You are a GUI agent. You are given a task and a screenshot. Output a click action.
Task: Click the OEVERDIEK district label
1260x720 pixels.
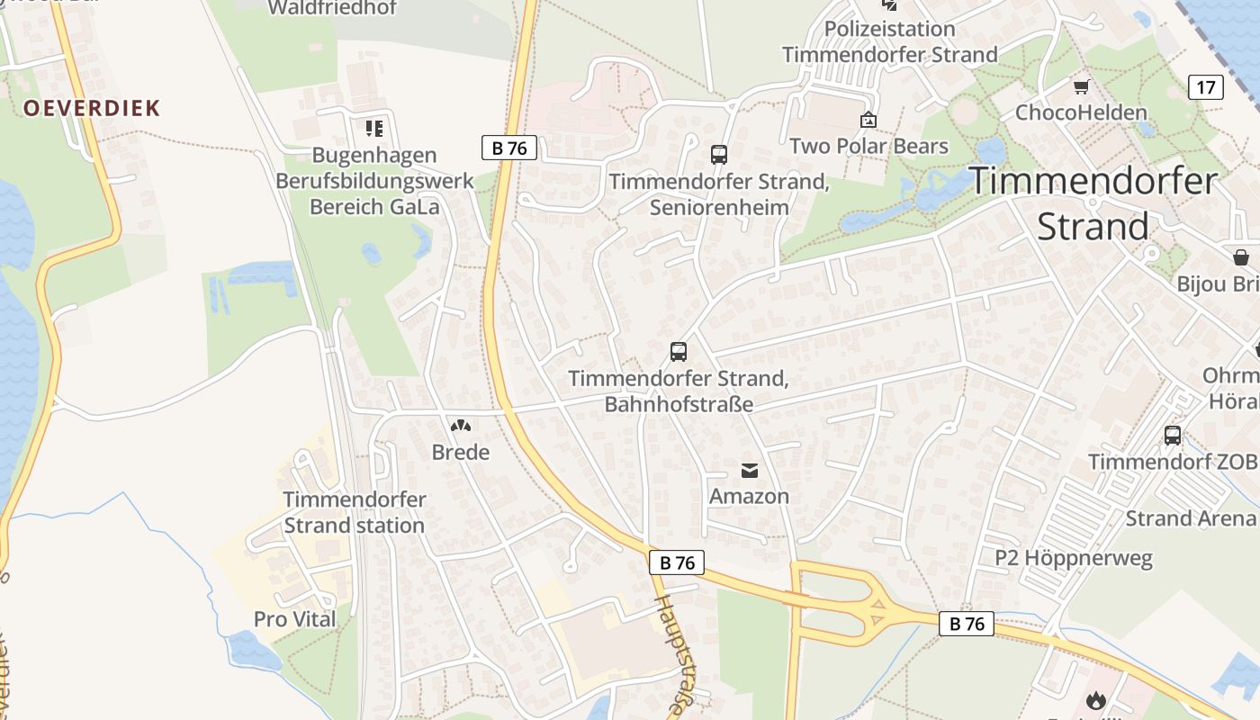click(x=92, y=108)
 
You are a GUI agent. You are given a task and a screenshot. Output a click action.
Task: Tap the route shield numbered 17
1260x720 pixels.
click(x=1206, y=87)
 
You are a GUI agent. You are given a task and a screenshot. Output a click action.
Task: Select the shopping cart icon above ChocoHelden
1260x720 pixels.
click(x=1081, y=87)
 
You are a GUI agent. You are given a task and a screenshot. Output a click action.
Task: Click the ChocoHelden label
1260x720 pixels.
click(x=1081, y=112)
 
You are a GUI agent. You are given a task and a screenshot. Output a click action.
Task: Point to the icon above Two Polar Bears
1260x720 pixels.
click(x=868, y=120)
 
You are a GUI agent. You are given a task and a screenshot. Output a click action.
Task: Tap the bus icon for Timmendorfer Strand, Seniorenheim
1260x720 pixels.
click(x=718, y=154)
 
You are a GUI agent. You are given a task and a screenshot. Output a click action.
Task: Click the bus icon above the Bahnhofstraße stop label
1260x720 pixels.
click(x=679, y=352)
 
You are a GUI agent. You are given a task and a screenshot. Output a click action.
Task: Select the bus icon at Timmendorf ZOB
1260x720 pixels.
click(x=1172, y=436)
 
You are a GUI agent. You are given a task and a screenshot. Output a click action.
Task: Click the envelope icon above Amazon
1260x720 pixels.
click(x=749, y=470)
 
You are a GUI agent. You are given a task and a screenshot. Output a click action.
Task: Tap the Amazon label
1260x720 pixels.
click(x=749, y=496)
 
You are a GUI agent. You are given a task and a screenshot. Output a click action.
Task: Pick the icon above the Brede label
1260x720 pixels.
click(x=461, y=426)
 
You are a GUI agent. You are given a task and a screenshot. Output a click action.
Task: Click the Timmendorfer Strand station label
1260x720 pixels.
click(x=355, y=512)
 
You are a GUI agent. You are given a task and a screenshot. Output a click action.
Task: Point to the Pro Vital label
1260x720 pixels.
click(x=294, y=619)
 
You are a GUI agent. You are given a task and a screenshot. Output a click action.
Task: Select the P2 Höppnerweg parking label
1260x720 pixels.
click(x=1073, y=558)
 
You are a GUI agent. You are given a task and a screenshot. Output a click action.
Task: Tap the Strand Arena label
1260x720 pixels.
click(x=1190, y=518)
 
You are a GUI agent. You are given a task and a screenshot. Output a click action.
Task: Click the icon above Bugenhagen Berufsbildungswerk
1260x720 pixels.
click(x=374, y=129)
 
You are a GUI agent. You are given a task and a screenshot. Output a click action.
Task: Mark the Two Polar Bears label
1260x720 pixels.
click(x=868, y=146)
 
